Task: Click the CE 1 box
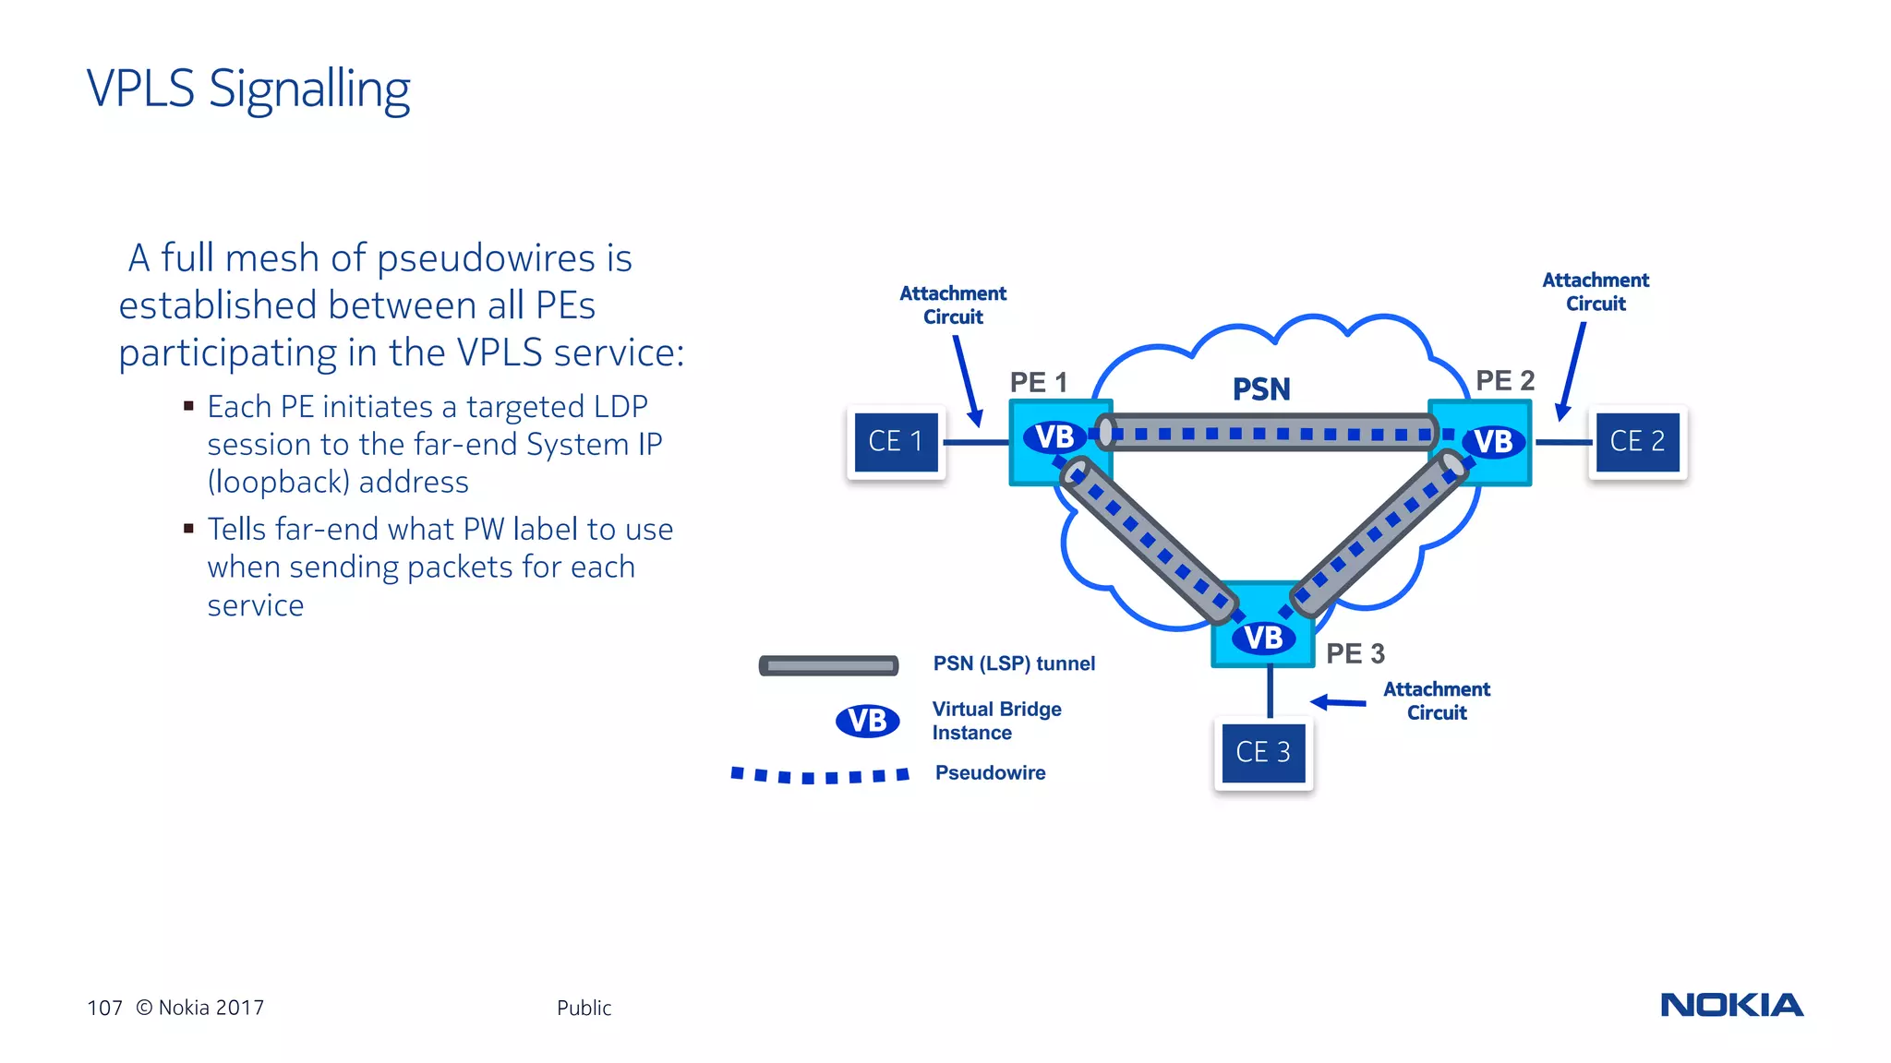coord(896,442)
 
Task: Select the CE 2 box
coord(1637,442)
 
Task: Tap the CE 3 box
coord(1263,752)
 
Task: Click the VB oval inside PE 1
coord(1054,436)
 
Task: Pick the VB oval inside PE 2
coord(1492,442)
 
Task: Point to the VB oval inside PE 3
coord(1262,638)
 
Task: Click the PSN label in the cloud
coord(1261,389)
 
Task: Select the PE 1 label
coord(1038,382)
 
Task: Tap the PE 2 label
coord(1504,380)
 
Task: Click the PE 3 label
coord(1355,653)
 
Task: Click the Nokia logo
coord(1731,1005)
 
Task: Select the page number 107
coord(104,1008)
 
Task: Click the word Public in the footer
coord(584,1008)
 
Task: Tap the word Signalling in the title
coord(309,90)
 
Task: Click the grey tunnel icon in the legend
coord(828,665)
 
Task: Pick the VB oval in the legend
coord(867,721)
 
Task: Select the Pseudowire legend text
coord(990,772)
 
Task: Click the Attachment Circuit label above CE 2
coord(1595,292)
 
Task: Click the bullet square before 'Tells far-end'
coord(188,529)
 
